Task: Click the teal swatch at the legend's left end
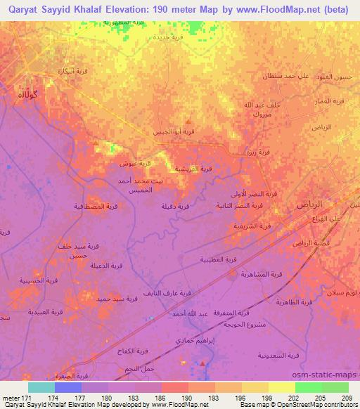(x=41, y=387)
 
